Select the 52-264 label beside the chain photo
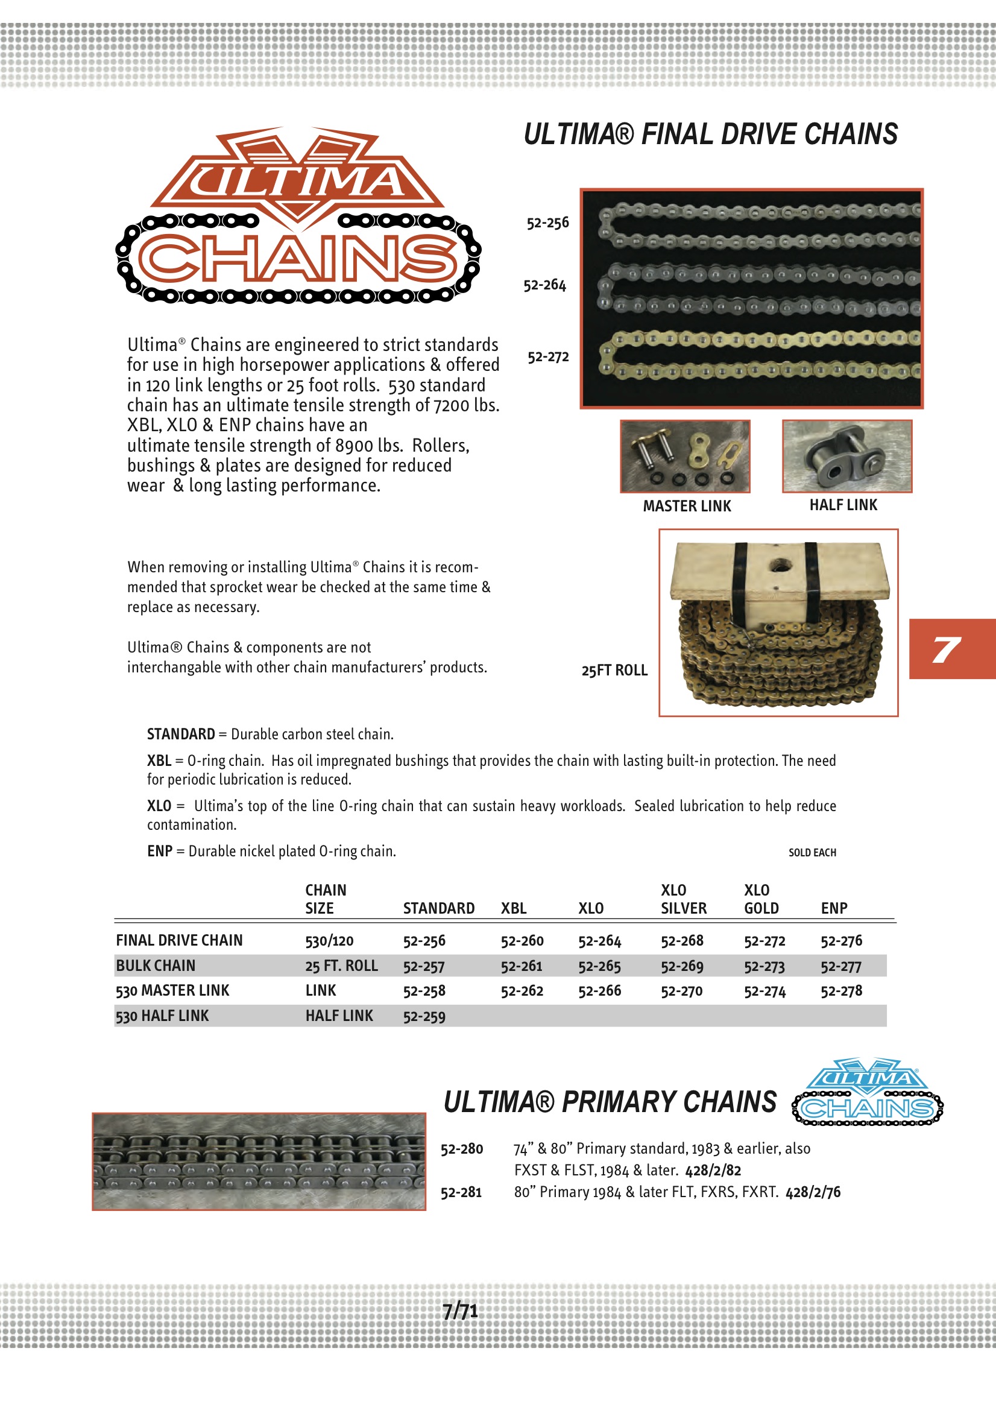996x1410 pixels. click(x=544, y=285)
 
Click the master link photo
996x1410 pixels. click(x=685, y=457)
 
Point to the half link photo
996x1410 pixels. click(x=847, y=456)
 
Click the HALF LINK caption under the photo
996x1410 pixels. click(x=843, y=505)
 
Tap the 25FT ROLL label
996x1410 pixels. click(x=614, y=670)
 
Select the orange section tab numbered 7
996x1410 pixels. click(x=951, y=648)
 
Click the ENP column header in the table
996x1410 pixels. click(x=834, y=908)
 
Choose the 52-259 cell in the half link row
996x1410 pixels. click(x=424, y=1016)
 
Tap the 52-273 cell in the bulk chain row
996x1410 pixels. click(x=764, y=967)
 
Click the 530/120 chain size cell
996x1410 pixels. click(x=329, y=941)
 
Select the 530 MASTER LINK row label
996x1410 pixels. click(x=172, y=991)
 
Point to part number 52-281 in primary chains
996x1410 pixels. click(x=461, y=1193)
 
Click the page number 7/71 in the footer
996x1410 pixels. click(x=460, y=1311)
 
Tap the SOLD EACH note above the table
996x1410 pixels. click(x=812, y=852)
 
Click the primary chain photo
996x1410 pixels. click(x=259, y=1162)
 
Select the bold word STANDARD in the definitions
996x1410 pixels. click(x=180, y=734)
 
